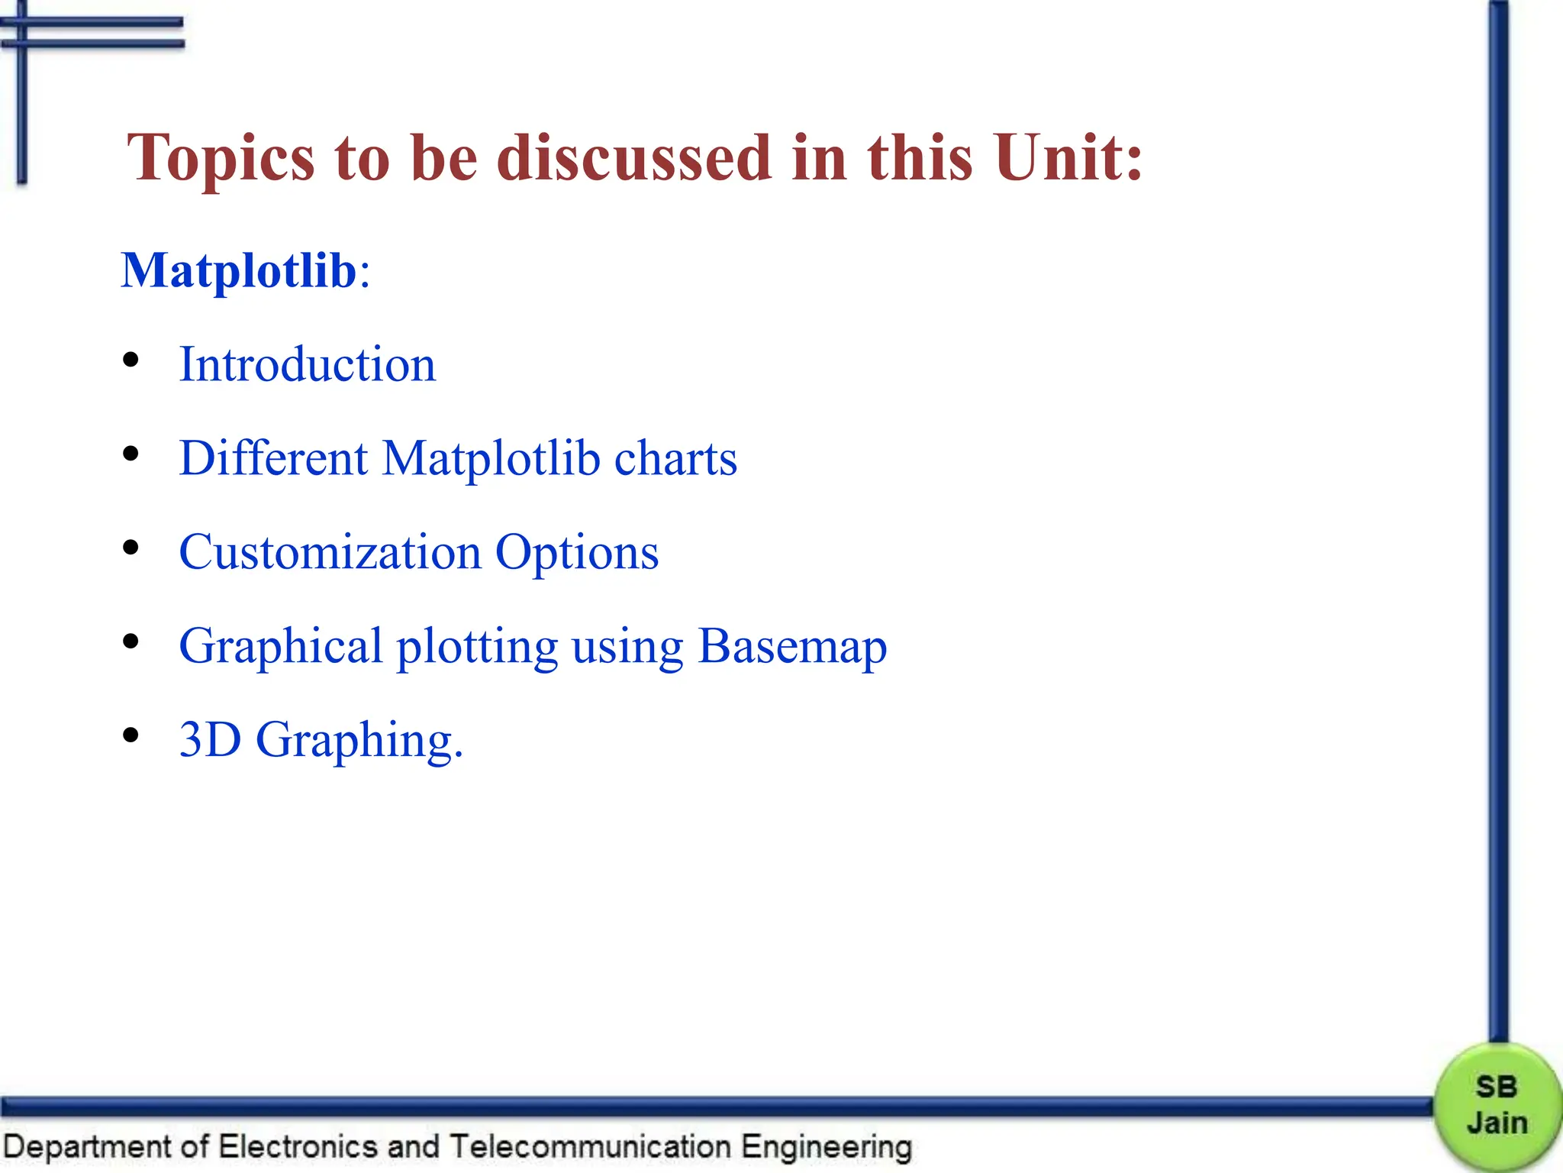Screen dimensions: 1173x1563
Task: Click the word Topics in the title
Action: click(x=221, y=159)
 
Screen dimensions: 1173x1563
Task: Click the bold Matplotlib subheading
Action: click(x=239, y=270)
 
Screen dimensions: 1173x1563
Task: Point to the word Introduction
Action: click(x=307, y=364)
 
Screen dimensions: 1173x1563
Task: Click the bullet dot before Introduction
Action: click(x=131, y=360)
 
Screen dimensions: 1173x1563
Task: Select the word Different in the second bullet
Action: click(x=273, y=458)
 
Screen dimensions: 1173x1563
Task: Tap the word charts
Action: click(x=675, y=458)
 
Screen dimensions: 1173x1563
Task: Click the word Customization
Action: click(x=330, y=552)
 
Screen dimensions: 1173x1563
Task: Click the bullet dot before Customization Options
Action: click(x=131, y=548)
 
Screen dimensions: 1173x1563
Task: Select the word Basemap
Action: click(x=792, y=647)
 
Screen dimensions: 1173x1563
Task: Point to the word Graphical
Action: click(x=280, y=647)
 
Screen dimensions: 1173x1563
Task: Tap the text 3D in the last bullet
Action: click(x=210, y=739)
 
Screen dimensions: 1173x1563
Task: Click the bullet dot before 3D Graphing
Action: click(x=131, y=735)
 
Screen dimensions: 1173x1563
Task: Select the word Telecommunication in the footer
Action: click(x=590, y=1147)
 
